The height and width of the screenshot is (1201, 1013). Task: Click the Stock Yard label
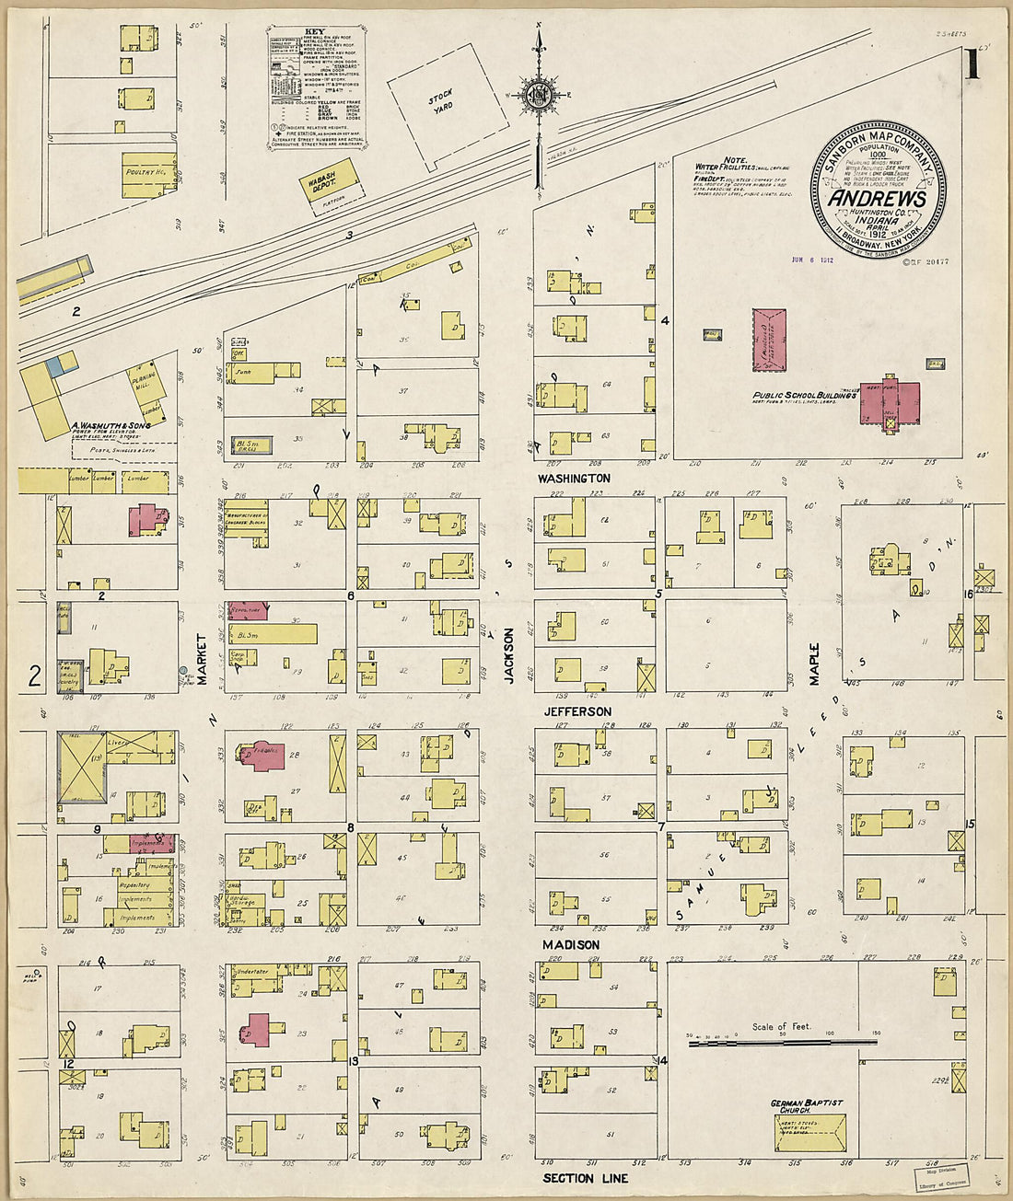[x=442, y=100]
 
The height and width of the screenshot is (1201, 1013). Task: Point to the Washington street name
[x=574, y=479]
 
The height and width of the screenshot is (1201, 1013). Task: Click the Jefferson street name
[x=576, y=711]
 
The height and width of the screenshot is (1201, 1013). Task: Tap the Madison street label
[x=570, y=944]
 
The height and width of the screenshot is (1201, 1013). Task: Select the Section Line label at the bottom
[x=585, y=1178]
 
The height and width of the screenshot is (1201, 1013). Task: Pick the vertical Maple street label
[x=814, y=663]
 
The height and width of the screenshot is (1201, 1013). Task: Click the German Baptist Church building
[x=810, y=1132]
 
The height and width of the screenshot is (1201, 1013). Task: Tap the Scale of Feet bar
[x=783, y=1042]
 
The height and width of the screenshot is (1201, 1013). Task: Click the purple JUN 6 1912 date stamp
[x=813, y=260]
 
